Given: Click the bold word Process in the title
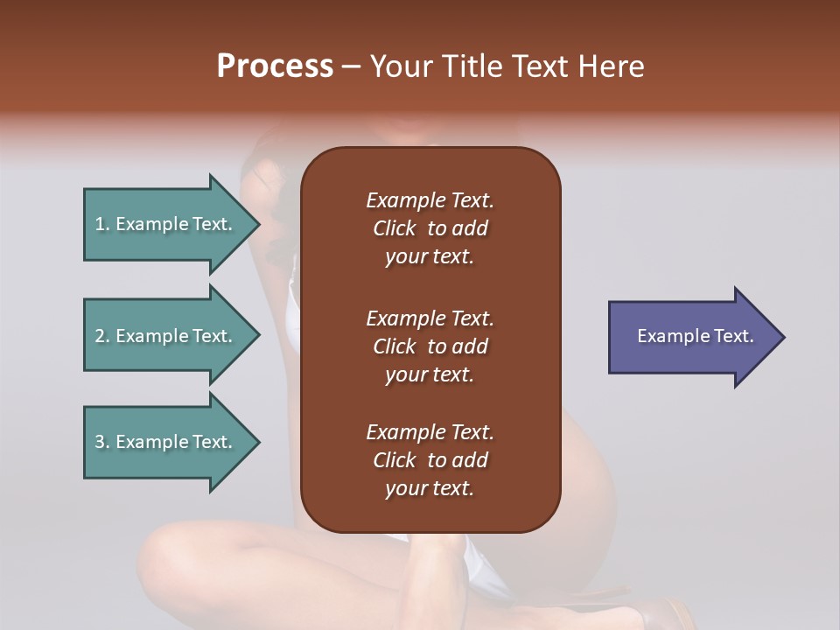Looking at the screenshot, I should click(x=275, y=66).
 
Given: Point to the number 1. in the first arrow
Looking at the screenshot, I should click(x=102, y=224).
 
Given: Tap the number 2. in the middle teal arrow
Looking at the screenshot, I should click(x=102, y=336).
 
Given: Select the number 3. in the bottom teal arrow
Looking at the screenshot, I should click(x=102, y=442).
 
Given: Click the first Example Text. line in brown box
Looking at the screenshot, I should click(x=430, y=200).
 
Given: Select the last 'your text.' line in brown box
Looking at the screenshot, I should click(x=430, y=488).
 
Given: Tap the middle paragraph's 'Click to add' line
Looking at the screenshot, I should click(x=430, y=346).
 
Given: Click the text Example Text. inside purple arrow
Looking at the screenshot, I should click(x=696, y=336).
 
